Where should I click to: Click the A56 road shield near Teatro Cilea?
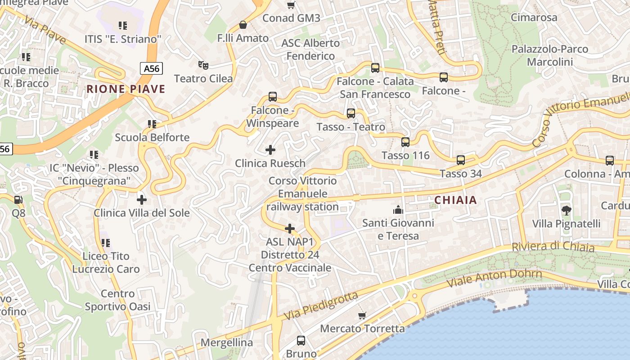tap(151, 68)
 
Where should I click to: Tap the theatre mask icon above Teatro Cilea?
tap(204, 65)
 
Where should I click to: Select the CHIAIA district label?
tap(456, 200)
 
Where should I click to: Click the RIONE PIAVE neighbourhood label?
tap(126, 89)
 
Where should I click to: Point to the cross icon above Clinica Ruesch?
tap(270, 149)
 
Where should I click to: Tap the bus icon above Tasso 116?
tap(405, 142)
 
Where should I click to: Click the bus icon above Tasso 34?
tap(461, 160)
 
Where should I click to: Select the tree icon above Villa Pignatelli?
tap(566, 210)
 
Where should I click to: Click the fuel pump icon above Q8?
tap(18, 199)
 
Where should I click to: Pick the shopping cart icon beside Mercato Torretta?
tap(362, 315)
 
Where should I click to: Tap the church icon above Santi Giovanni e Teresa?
tap(398, 209)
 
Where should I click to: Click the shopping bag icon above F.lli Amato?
tap(243, 24)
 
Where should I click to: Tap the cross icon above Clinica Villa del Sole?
tap(142, 199)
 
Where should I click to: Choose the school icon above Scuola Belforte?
tap(152, 124)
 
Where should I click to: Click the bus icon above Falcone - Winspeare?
tap(273, 97)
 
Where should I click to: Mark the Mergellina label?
tap(226, 342)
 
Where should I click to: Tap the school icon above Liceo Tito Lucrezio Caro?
tap(106, 243)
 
